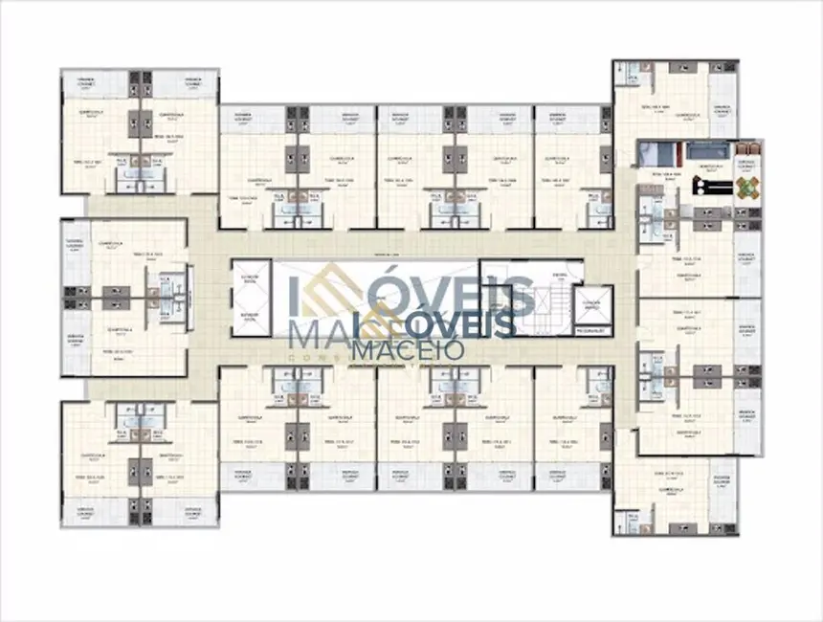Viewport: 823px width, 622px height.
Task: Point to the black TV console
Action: [708, 188]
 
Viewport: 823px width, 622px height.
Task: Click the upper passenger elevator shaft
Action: [252, 281]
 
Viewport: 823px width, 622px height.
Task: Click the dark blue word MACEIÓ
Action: [409, 348]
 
